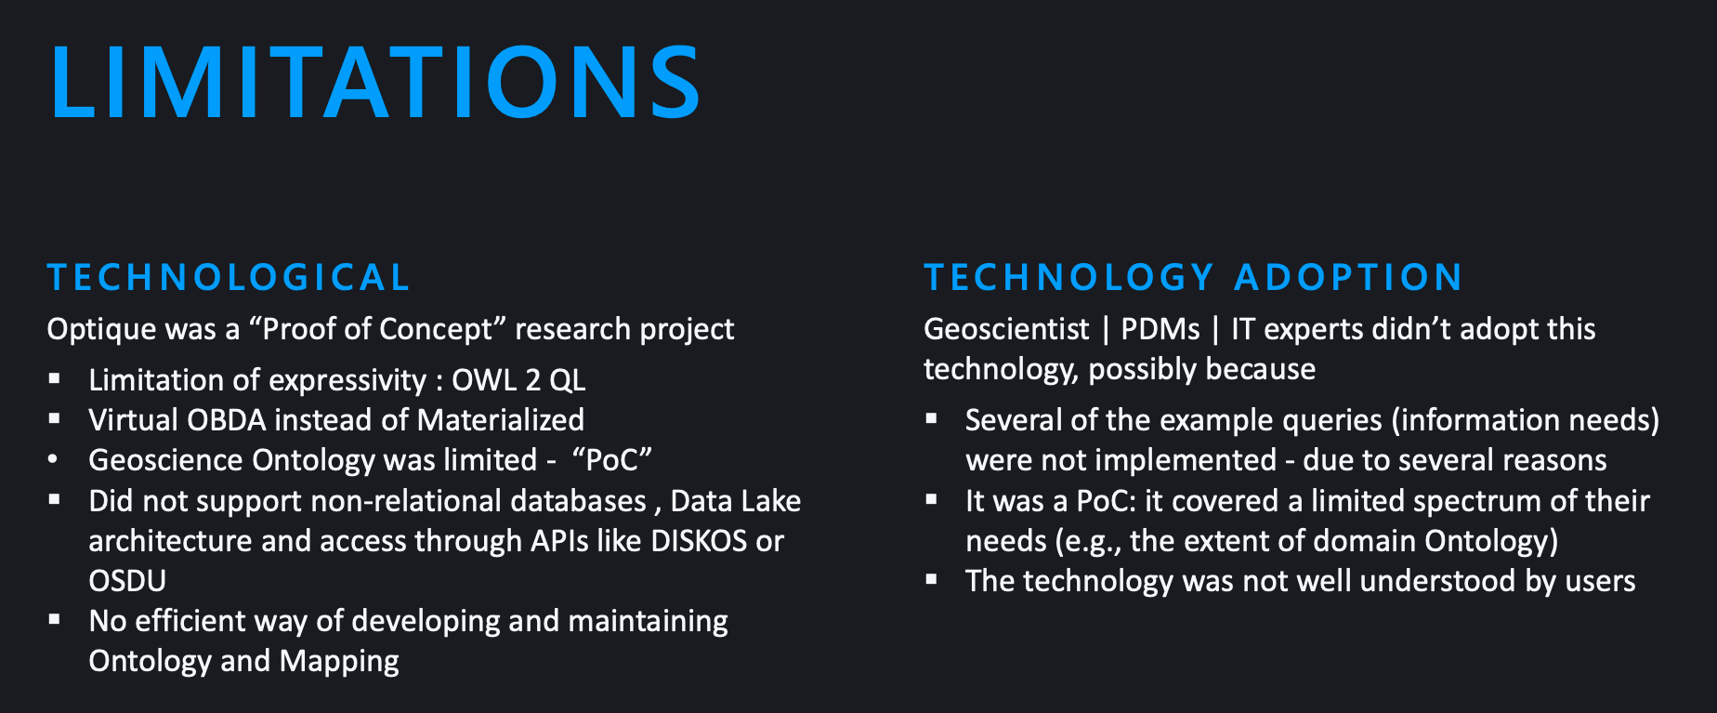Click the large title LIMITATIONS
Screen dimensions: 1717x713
coord(375,82)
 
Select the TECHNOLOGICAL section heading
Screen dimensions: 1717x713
coord(229,277)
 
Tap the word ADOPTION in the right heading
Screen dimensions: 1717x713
coord(1349,277)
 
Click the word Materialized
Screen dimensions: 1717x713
coord(501,420)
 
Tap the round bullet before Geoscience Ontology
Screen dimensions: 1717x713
coord(53,459)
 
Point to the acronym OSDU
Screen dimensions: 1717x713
coord(127,581)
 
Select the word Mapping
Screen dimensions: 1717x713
coord(339,662)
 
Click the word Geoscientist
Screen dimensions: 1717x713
coord(1006,329)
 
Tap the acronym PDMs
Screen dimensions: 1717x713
coord(1160,329)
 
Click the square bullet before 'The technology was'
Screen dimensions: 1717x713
coord(931,579)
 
